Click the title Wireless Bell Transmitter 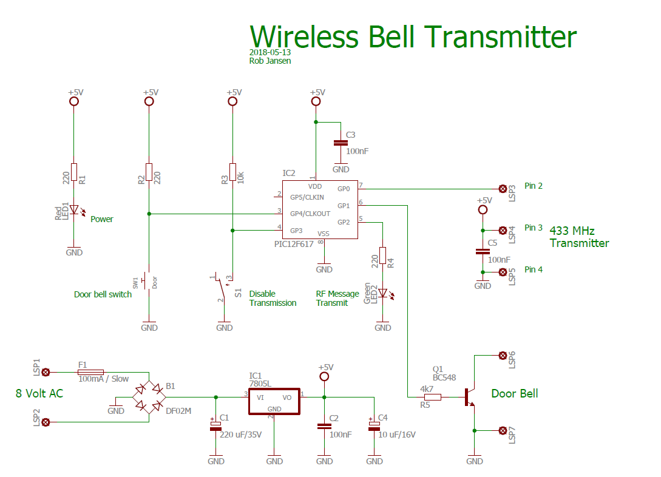413,37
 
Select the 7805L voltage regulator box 274,401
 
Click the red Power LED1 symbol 74,210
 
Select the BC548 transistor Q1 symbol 469,397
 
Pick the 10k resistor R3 232,172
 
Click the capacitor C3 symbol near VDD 341,143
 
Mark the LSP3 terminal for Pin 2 503,189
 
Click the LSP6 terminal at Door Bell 503,356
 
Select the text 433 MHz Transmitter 579,237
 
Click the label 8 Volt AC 39,393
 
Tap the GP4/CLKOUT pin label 310,214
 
